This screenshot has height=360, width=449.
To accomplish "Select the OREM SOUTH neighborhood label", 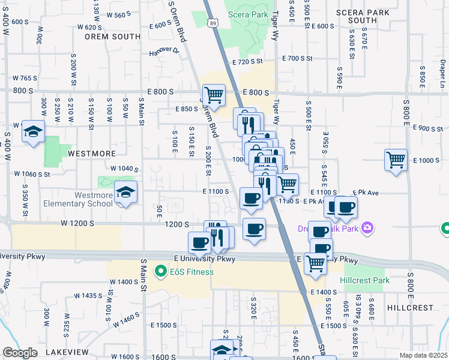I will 112,36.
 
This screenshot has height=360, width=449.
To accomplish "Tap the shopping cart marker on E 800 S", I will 214,95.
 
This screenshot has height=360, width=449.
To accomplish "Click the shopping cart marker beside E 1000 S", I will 396,160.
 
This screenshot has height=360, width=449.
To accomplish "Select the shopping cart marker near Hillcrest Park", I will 315,263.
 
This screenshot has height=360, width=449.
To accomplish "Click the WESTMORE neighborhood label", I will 91,153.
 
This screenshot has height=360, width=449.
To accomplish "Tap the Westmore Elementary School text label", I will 93,199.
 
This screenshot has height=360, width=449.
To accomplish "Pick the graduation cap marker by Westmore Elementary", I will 125,192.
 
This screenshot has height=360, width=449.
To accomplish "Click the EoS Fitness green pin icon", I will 160,272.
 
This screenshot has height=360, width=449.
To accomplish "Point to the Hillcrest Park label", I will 364,280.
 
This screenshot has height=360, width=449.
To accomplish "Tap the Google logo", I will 19,353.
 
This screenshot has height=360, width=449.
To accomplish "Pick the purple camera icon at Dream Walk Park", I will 368,228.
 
